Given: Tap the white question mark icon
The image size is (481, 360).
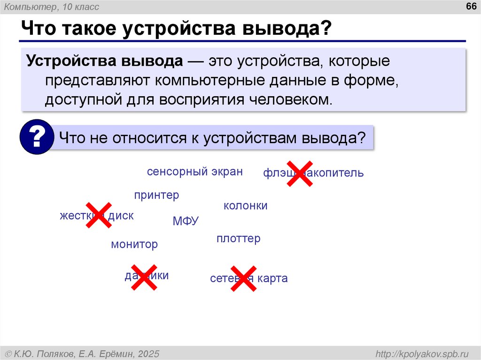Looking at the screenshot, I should [x=37, y=137].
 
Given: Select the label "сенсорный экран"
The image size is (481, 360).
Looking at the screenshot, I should [x=194, y=172].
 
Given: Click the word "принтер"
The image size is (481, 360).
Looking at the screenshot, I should [x=156, y=195].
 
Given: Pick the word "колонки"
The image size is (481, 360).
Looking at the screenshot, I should [x=245, y=206].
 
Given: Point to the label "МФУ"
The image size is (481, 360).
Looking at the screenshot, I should [x=186, y=221].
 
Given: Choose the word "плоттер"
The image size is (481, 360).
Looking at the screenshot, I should [x=238, y=239].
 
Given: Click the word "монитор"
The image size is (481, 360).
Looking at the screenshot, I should [x=134, y=245].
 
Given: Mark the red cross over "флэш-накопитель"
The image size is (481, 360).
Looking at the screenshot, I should [x=299, y=173].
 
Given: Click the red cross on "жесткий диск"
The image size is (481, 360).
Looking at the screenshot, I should [x=99, y=215].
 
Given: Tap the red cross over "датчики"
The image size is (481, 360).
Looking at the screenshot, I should [x=144, y=276].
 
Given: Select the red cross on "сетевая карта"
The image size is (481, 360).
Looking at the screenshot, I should [x=243, y=278].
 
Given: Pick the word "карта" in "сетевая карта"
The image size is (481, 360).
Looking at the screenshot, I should [x=272, y=279].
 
